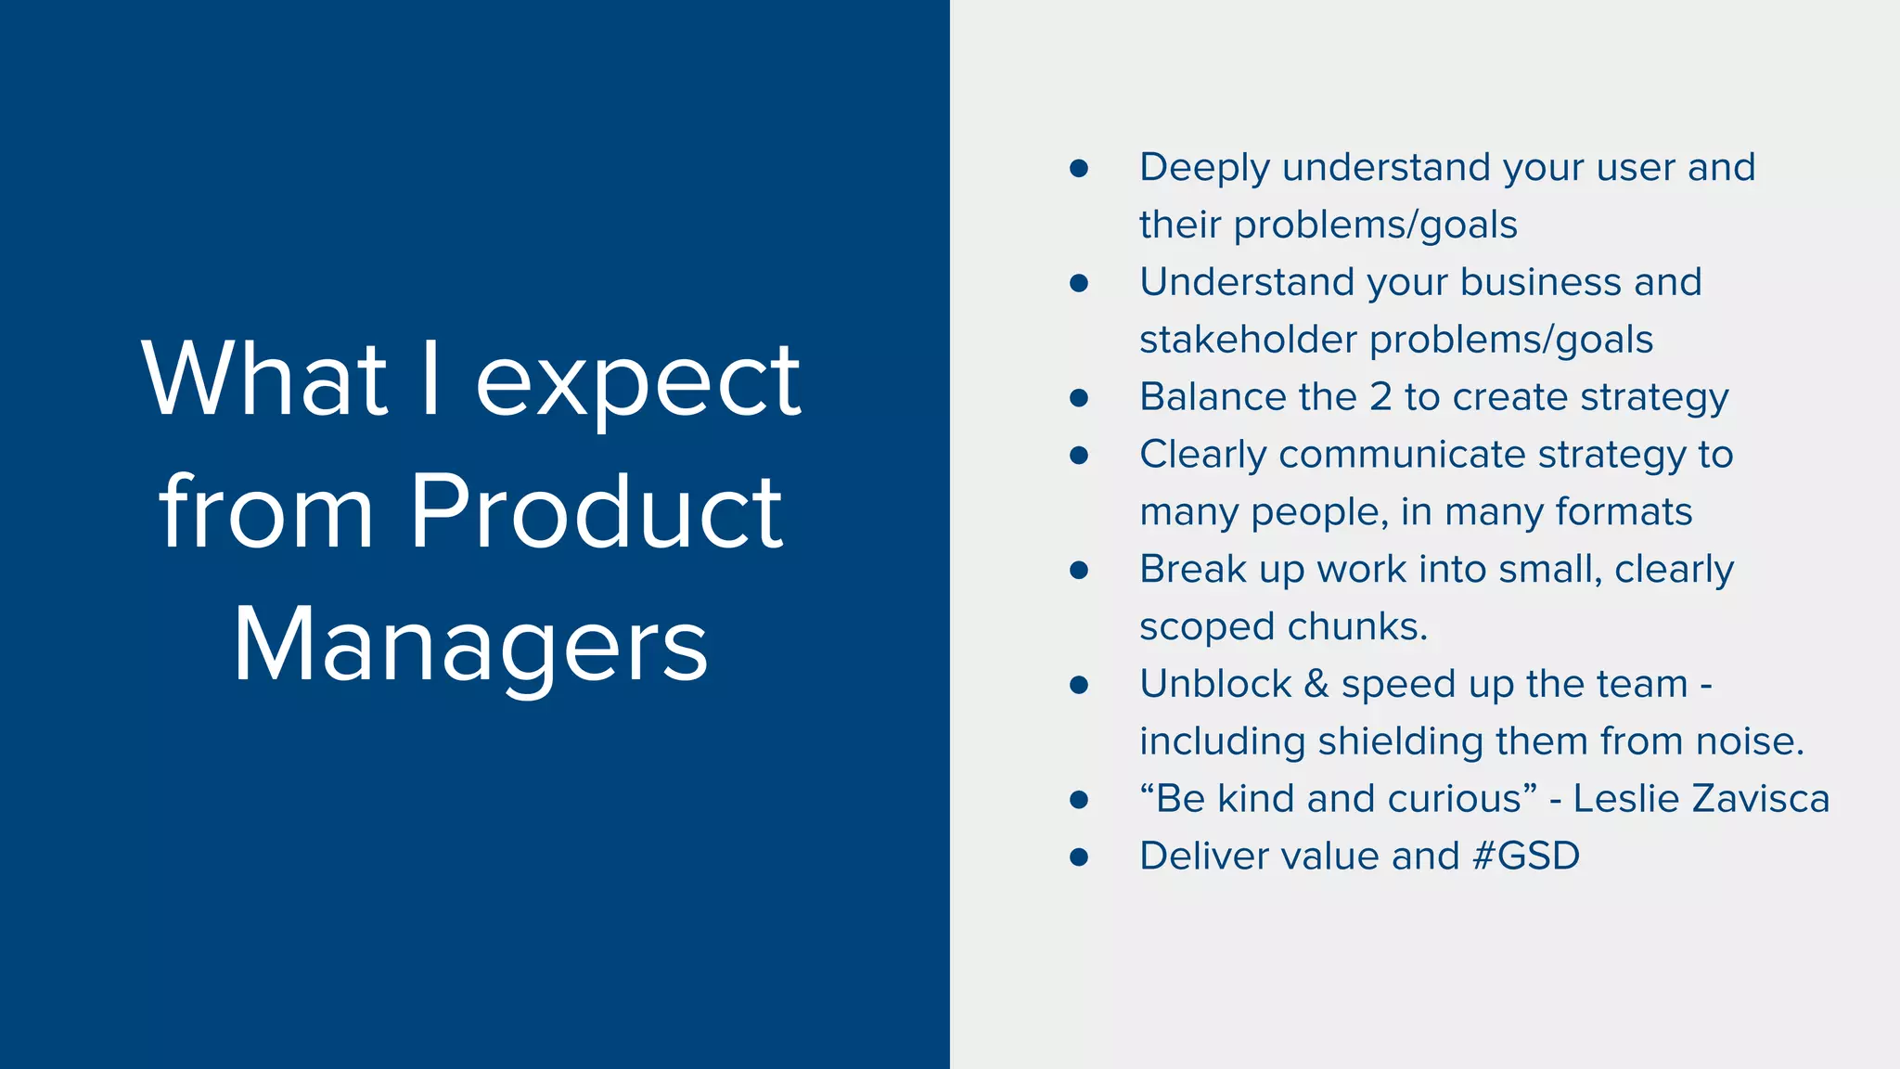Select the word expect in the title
tap(638, 380)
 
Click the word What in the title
tap(265, 380)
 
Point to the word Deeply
tap(1204, 169)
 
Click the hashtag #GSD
tap(1525, 856)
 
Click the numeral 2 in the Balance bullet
tap(1380, 397)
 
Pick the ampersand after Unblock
tap(1316, 684)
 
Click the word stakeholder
tap(1248, 340)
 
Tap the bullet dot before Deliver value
tap(1078, 856)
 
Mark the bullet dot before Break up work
tap(1078, 570)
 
